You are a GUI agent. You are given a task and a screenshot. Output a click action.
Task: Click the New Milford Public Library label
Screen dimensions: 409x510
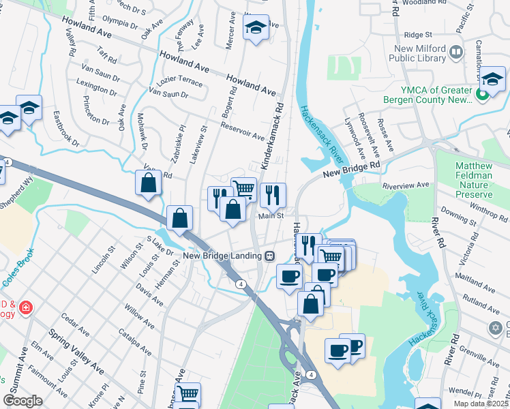[x=438, y=54]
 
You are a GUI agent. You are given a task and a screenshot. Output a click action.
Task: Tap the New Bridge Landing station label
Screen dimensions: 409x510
[x=223, y=256]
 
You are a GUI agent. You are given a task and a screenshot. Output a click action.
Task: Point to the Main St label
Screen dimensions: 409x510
[x=270, y=216]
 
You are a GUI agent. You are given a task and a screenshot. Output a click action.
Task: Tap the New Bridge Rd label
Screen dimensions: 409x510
[x=350, y=170]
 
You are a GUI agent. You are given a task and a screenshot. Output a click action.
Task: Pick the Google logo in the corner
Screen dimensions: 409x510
[x=22, y=400]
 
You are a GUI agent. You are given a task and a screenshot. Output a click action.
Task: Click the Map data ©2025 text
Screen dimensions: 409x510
[x=480, y=404]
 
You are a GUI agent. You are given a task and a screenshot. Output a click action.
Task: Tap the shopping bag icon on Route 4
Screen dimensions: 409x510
[x=179, y=219]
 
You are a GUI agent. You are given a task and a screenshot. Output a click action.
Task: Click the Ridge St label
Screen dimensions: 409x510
[x=418, y=34]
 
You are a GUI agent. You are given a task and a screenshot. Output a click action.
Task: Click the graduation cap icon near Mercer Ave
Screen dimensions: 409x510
[x=256, y=28]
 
